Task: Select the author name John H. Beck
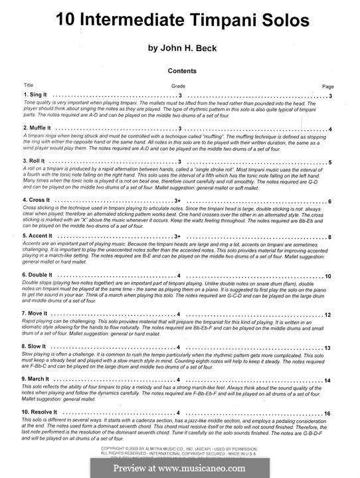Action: (179, 48)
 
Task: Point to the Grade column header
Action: (179, 86)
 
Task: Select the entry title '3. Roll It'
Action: (33, 162)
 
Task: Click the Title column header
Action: (29, 86)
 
